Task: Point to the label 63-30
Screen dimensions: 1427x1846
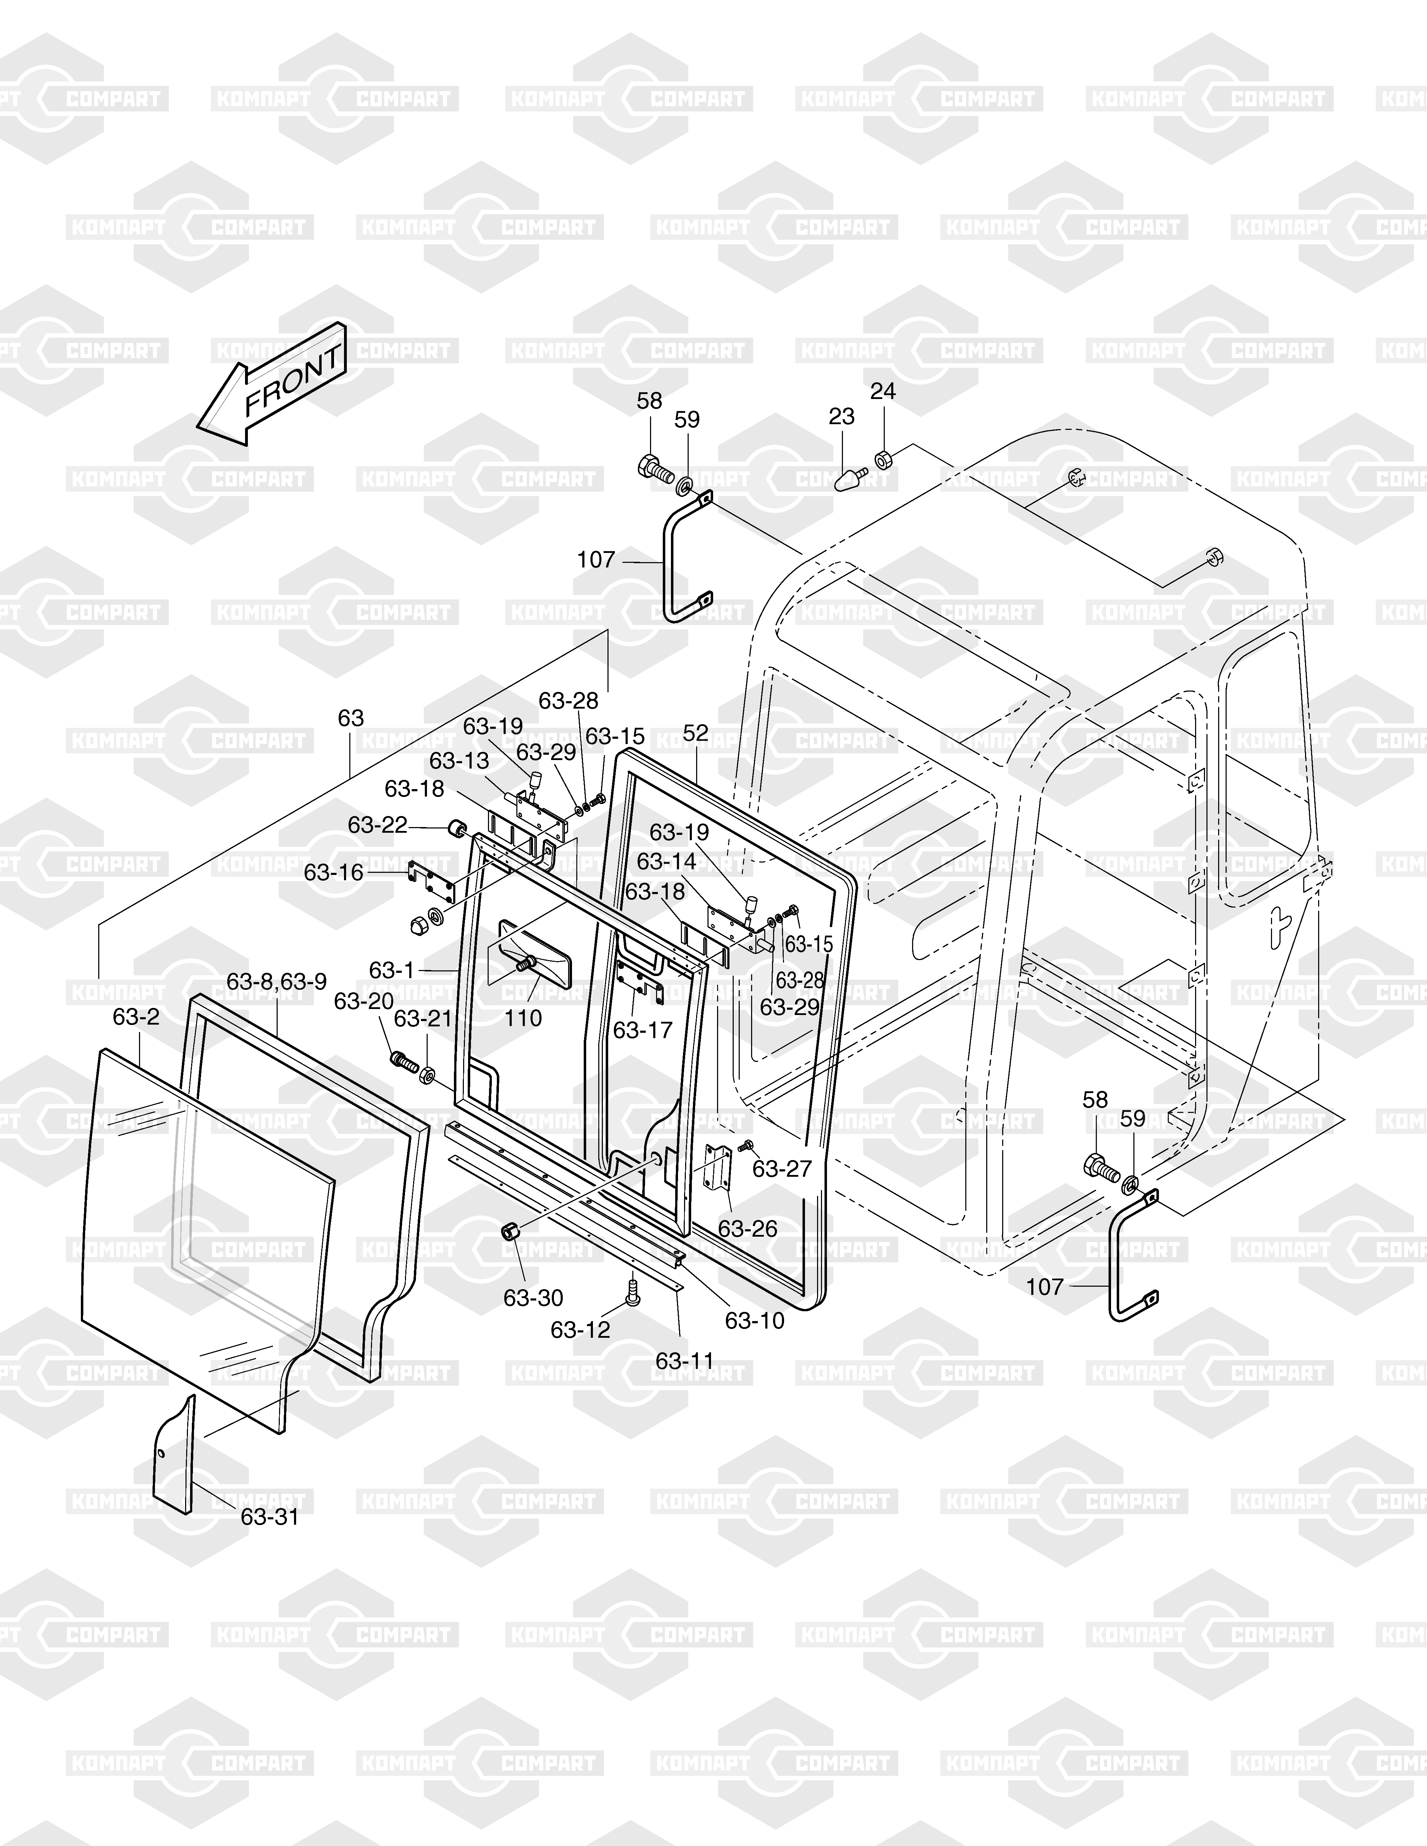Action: click(533, 1297)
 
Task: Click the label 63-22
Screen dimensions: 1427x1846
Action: click(378, 825)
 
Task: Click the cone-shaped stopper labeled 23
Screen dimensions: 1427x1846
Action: click(850, 480)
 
